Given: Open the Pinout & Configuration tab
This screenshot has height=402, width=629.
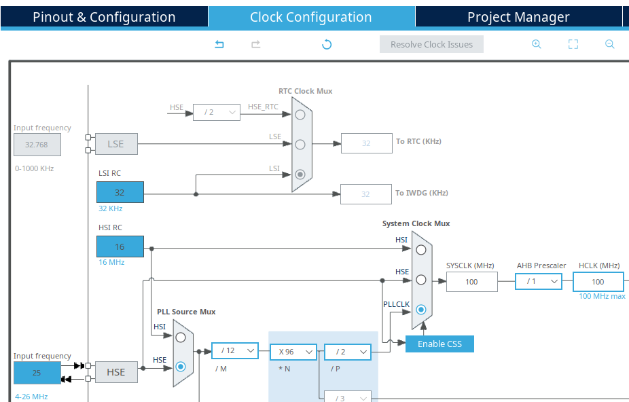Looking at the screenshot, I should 104,18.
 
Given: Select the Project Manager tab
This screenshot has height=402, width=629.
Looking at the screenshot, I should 518,18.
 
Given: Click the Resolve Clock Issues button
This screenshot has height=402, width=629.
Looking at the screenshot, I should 431,45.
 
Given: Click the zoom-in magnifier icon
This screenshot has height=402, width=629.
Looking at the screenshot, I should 536,44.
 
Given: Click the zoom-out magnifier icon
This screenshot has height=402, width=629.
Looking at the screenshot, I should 609,44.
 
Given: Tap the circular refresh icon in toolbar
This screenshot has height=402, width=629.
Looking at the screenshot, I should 327,45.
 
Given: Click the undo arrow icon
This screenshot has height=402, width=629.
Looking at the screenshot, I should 219,45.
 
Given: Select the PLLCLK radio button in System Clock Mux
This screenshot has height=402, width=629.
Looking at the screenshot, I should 421,310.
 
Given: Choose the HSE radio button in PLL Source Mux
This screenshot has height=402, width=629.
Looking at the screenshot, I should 181,367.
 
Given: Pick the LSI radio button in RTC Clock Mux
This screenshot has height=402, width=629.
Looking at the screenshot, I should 300,174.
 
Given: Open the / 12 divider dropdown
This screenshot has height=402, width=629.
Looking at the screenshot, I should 235,351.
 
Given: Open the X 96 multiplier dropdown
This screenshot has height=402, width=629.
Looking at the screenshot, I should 293,352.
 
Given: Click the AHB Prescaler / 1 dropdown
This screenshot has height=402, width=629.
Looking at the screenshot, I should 538,281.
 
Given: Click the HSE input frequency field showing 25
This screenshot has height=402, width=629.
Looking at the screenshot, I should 37,373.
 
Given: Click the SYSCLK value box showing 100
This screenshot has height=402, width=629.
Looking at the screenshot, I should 471,282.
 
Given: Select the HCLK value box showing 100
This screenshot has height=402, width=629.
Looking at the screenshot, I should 598,282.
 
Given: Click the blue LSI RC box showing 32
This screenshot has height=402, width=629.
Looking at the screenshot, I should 120,193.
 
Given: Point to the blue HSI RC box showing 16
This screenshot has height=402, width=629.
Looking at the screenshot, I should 120,247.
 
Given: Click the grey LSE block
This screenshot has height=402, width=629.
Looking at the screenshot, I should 116,144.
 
